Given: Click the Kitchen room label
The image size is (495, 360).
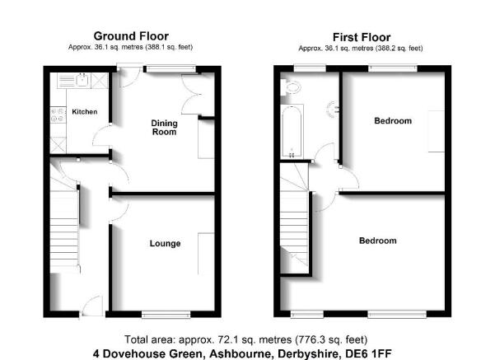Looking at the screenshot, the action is [85, 111].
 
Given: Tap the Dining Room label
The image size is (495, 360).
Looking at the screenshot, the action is [164, 128].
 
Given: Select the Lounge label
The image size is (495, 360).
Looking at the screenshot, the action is [165, 244].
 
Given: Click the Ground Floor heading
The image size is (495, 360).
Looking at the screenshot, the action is [131, 36].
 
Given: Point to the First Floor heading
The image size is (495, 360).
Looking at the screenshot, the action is [362, 37].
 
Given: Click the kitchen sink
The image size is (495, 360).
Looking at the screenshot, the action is [82, 80].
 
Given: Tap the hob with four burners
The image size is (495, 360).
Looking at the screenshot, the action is [58, 115].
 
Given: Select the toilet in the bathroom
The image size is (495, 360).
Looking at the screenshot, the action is [290, 86].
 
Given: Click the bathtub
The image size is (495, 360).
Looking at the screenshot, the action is [292, 131].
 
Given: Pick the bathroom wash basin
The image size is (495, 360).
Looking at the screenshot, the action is [333, 110].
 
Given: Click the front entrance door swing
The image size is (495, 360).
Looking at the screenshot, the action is [92, 305].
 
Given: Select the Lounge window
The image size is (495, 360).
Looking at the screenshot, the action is [166, 314].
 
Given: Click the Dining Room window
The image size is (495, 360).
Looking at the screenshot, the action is [170, 68].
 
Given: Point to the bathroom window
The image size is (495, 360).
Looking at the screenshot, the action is [310, 68].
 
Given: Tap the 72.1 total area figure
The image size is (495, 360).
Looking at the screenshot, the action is [227, 339].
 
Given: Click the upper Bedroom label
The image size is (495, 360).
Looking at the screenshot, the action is [393, 120].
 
